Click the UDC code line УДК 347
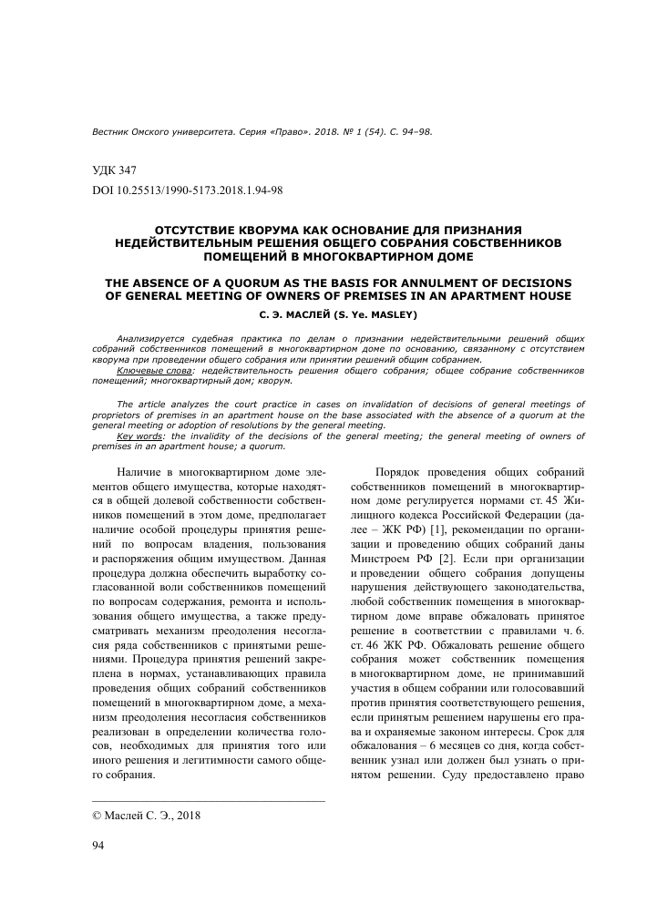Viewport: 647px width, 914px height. pyautogui.click(x=114, y=170)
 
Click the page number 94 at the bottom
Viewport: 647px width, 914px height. pyautogui.click(x=100, y=847)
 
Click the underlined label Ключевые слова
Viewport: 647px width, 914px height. pyautogui.click(x=155, y=372)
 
